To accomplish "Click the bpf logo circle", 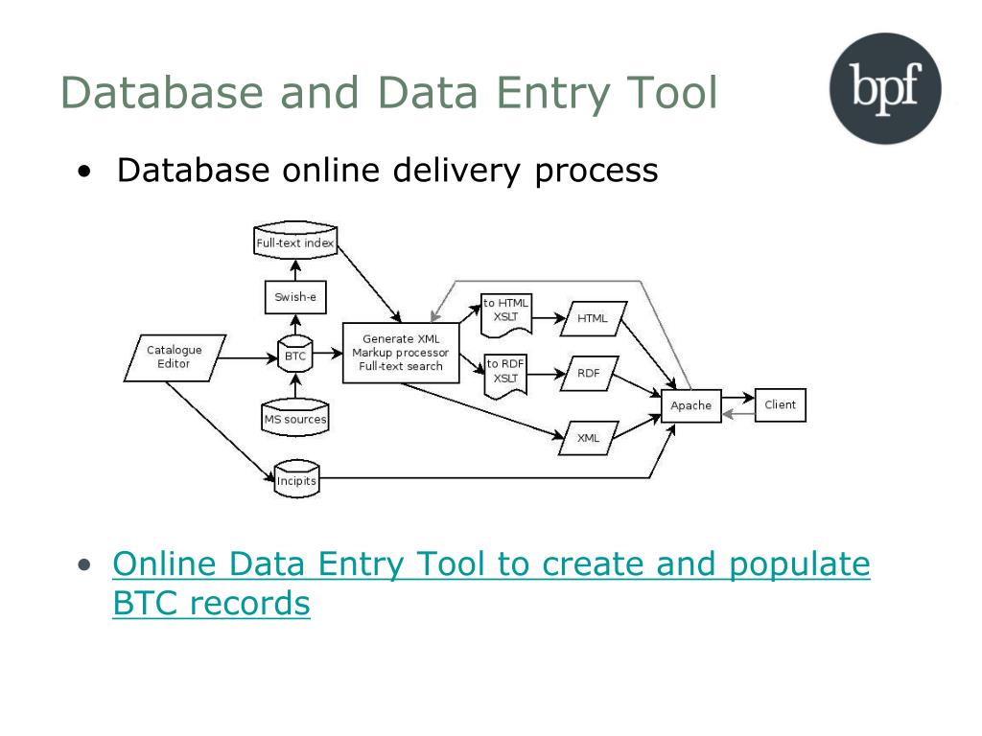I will (x=884, y=88).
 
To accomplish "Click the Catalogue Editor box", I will (x=175, y=357).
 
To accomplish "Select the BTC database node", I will (x=294, y=356).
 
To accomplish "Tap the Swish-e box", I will (x=294, y=297).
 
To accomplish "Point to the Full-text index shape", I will (x=294, y=242).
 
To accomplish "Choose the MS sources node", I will (x=294, y=419).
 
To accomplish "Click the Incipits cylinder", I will (x=295, y=480).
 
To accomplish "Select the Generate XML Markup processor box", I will (x=401, y=353).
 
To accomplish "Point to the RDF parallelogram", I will (x=588, y=373).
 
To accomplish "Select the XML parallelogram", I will (x=588, y=438).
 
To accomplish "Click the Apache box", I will (x=690, y=405).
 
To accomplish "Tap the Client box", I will (x=780, y=404).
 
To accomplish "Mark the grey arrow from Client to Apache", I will (x=738, y=414).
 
